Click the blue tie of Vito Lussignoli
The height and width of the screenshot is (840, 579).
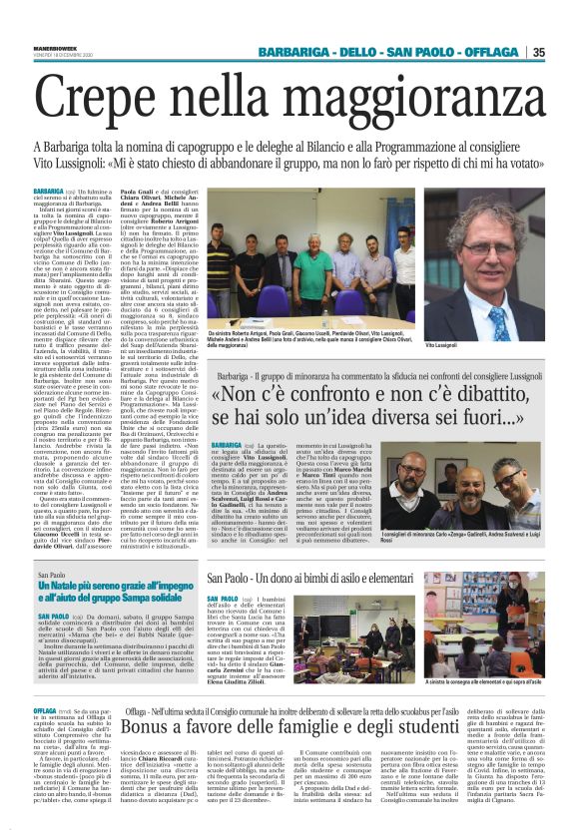pos(499,325)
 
